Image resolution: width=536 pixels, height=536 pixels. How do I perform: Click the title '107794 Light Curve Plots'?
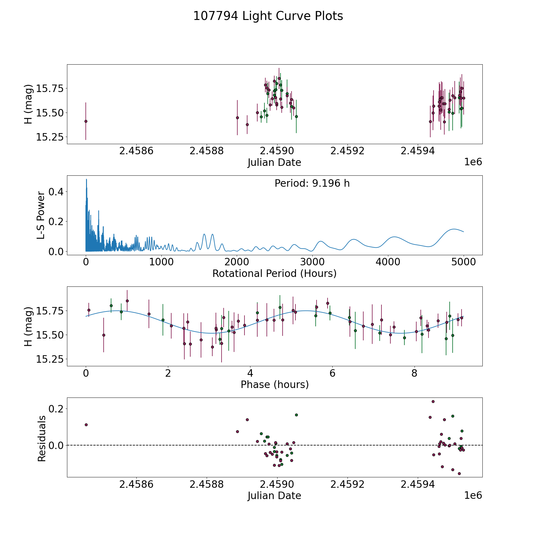[x=268, y=16]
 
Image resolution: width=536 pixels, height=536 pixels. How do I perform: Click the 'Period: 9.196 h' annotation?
[x=312, y=183]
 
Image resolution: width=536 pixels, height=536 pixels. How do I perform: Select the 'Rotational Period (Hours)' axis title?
[x=274, y=273]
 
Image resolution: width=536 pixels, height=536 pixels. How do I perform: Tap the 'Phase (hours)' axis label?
[x=275, y=384]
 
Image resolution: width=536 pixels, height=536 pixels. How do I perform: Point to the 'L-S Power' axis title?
[x=41, y=215]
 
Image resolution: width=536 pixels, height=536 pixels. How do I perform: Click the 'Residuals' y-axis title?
[x=42, y=438]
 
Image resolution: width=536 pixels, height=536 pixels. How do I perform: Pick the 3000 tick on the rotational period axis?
[x=312, y=262]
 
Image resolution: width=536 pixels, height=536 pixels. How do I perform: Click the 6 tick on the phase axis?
[x=332, y=373]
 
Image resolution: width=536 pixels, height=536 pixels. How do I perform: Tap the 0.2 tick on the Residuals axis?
[x=56, y=409]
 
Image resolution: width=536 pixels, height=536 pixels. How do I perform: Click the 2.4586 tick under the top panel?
[x=136, y=151]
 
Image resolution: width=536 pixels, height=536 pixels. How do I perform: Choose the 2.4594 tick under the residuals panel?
[x=418, y=484]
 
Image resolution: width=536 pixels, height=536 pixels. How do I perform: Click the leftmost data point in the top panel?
[x=86, y=121]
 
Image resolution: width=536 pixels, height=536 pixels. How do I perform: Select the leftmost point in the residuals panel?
[x=86, y=425]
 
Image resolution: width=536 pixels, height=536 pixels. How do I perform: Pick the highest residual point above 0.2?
[x=433, y=401]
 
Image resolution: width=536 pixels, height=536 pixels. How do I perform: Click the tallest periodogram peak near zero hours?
[x=86, y=179]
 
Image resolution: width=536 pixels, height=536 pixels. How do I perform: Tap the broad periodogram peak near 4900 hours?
[x=454, y=229]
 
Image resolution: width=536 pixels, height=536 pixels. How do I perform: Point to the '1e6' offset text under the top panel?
[x=473, y=162]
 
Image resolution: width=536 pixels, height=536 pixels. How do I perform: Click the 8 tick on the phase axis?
[x=415, y=373]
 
